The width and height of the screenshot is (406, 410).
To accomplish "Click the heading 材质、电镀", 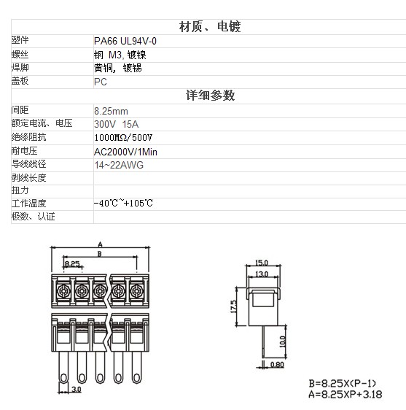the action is (210, 27).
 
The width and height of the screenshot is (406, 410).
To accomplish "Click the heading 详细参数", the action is (211, 95).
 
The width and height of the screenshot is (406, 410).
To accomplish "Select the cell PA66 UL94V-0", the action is (125, 41).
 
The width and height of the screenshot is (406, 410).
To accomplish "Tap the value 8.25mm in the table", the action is (111, 111).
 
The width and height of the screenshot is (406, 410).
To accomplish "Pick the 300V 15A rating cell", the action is (117, 124).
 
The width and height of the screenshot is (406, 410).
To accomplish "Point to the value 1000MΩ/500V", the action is (123, 138).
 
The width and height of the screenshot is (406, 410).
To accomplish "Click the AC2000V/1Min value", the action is (125, 152).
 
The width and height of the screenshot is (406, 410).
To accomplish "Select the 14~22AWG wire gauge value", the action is (119, 165).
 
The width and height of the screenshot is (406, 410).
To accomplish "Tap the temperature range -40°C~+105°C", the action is (123, 203).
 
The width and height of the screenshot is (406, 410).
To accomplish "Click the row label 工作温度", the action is (28, 203).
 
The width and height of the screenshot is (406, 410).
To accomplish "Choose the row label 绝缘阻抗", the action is (28, 137).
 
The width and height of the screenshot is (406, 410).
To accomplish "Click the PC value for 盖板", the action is (101, 82).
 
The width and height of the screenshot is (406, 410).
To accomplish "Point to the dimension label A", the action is (100, 244).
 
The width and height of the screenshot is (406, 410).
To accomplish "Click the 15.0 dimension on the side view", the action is (262, 263).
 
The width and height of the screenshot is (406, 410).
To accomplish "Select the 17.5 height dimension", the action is (233, 306).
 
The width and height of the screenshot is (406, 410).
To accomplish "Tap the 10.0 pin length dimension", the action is (282, 341).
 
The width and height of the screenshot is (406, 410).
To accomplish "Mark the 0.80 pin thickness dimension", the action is (277, 365).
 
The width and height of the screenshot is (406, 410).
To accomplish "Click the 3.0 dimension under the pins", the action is (76, 390).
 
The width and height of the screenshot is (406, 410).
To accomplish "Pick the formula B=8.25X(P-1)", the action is (343, 383).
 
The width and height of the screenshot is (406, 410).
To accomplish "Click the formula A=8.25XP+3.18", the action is (345, 394).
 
